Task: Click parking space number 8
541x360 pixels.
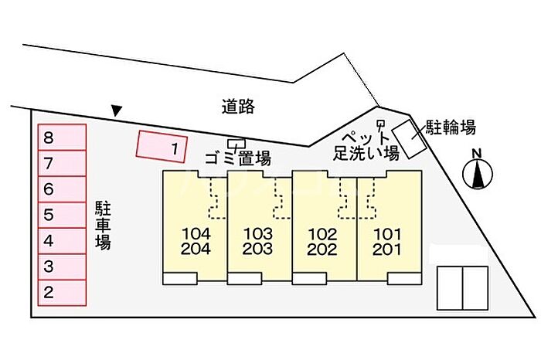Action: [x=62, y=138]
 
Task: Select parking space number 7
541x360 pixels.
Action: [x=62, y=164]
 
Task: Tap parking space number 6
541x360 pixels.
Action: [x=62, y=189]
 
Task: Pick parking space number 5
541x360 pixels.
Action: [x=62, y=215]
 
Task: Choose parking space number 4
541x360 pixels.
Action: [x=62, y=240]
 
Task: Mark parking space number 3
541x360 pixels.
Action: [x=62, y=267]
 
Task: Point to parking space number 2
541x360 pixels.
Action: [x=62, y=292]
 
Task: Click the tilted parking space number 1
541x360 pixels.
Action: [x=162, y=146]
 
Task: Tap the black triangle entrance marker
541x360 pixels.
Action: [x=116, y=111]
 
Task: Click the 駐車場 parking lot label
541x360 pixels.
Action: [x=103, y=225]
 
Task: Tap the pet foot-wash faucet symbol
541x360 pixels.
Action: [x=379, y=126]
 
